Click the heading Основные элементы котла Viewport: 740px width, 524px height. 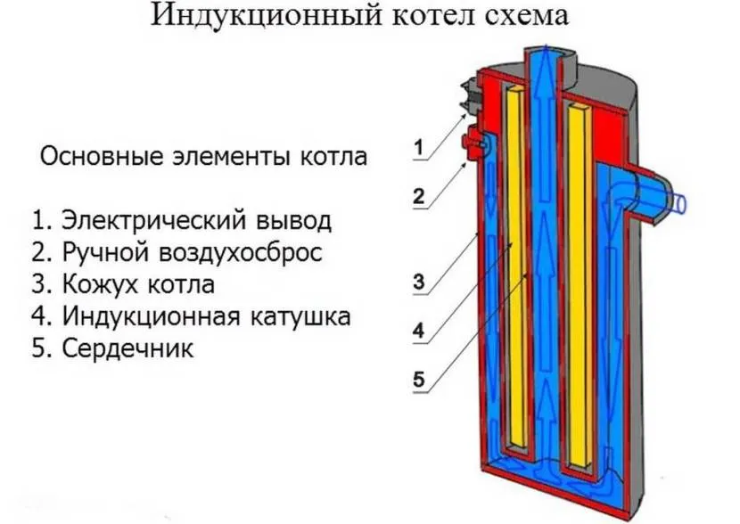tap(203, 158)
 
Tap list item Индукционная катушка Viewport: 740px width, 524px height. tap(190, 316)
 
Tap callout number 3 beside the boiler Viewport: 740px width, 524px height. tap(419, 283)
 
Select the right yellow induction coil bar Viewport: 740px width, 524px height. tap(576, 285)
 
